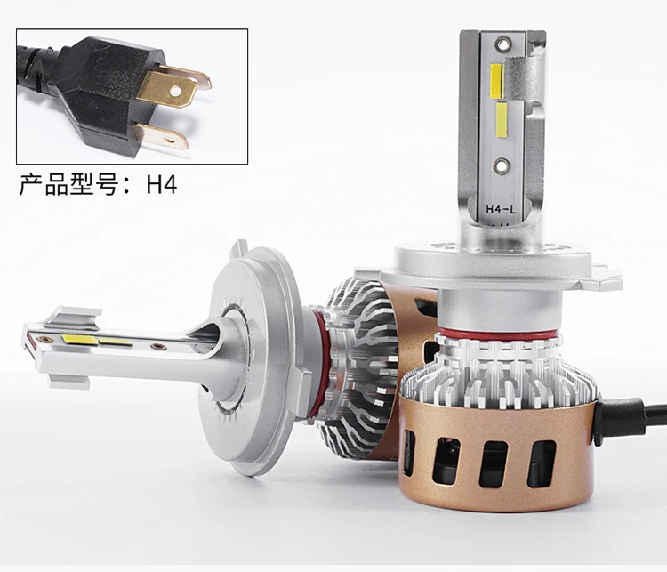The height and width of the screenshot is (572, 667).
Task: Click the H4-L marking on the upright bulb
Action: (501, 209)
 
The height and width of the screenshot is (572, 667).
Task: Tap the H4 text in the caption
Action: (162, 184)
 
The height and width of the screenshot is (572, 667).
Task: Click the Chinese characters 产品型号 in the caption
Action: (68, 184)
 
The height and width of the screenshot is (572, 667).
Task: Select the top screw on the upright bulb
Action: (502, 43)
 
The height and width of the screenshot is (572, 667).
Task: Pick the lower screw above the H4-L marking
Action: (502, 165)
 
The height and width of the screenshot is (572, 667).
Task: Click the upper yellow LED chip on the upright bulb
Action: (496, 80)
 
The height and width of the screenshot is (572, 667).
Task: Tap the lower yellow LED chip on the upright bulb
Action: (502, 119)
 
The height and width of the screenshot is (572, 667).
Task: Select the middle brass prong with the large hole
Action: (167, 89)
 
